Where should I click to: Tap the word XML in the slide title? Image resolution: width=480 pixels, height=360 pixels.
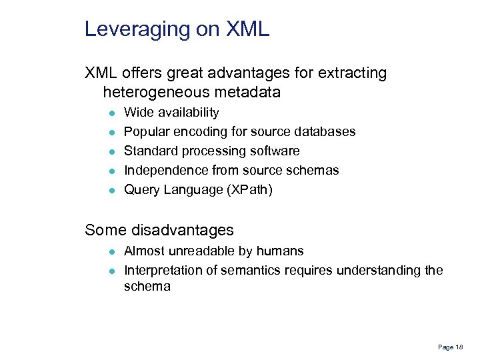click(x=248, y=29)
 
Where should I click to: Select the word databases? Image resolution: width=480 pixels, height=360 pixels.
click(x=326, y=132)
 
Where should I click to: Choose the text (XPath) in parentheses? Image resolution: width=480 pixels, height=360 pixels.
click(x=251, y=190)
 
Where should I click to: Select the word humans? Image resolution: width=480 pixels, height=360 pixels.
click(x=282, y=251)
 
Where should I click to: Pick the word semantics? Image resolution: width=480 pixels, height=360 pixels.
click(x=251, y=270)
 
